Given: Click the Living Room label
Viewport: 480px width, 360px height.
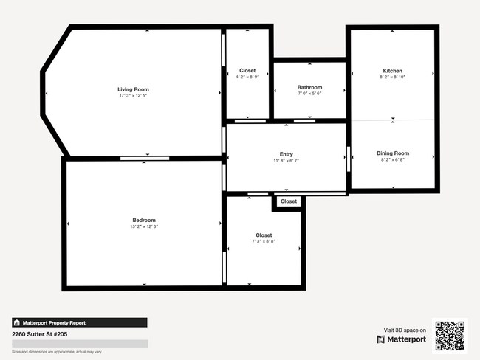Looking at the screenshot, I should [133, 89].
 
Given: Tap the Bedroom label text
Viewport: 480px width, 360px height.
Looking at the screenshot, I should [144, 220].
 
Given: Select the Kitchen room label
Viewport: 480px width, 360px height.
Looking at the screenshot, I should [393, 71].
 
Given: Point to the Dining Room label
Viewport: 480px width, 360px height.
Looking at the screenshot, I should [393, 153].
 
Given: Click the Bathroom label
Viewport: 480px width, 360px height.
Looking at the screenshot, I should [309, 87].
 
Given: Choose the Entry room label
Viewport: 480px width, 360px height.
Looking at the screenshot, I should [287, 153].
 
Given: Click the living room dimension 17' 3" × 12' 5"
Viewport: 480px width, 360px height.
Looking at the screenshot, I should [133, 96].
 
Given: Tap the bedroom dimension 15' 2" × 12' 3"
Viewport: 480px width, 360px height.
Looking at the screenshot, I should [144, 226].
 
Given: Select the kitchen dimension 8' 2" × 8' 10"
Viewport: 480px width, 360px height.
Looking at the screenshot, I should [393, 77].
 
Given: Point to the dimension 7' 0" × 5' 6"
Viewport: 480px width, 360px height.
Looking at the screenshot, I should [309, 94].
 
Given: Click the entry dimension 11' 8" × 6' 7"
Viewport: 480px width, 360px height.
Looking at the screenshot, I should [287, 160].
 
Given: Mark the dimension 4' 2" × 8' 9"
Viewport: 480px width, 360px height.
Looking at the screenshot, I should [247, 77].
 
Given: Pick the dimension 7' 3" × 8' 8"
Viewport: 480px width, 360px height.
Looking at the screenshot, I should [264, 241].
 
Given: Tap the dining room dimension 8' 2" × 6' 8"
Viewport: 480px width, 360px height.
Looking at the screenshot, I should [393, 160].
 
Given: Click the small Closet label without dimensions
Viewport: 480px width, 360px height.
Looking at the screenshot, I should [289, 201].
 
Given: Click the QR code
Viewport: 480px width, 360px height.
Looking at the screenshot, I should [450, 336].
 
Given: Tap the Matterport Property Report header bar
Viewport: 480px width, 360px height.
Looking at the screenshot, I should [79, 322].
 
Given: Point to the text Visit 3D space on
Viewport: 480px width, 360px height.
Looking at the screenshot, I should [405, 330].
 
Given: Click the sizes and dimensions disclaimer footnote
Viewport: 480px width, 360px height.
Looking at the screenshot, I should [57, 352].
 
